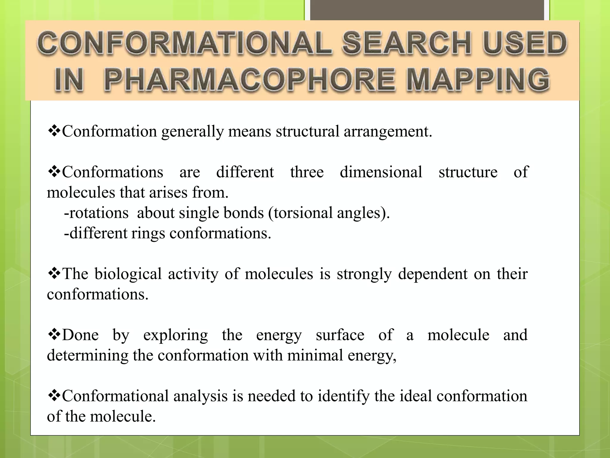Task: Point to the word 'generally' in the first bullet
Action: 192,132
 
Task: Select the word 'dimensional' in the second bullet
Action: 381,172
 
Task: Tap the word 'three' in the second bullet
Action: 307,172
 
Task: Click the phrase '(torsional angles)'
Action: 329,213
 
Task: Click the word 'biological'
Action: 128,274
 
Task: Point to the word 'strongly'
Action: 364,274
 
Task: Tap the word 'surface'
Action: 340,335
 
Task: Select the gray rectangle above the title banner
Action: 427,10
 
